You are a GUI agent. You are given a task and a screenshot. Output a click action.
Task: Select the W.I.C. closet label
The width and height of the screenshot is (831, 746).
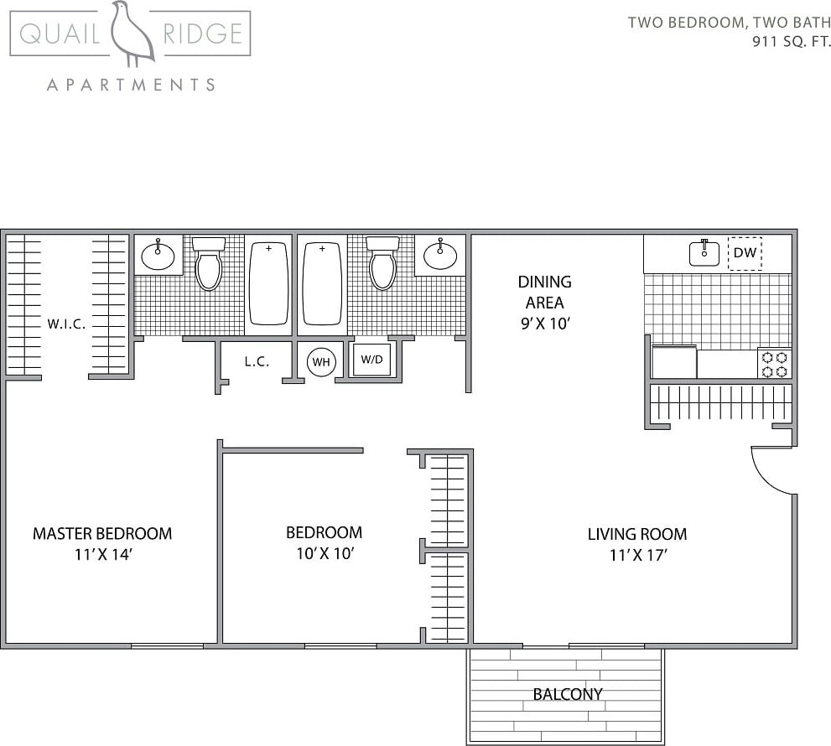click(66, 324)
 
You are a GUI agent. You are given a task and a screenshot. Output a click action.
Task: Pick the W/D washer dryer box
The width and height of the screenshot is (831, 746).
click(371, 360)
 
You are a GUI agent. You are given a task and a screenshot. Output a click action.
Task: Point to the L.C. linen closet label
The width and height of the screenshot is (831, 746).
click(257, 362)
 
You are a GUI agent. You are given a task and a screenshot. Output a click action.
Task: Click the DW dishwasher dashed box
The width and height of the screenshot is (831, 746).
click(745, 252)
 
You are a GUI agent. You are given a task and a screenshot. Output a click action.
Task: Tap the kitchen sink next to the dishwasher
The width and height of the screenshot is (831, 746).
click(704, 252)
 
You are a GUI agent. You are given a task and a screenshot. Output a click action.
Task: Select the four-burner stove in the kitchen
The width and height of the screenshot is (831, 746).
click(775, 364)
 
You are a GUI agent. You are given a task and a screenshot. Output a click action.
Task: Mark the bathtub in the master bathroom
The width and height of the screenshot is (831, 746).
click(268, 282)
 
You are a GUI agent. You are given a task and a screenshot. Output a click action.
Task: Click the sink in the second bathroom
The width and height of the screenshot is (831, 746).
click(439, 253)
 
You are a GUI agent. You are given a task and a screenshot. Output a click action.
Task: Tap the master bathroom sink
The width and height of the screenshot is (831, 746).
click(158, 253)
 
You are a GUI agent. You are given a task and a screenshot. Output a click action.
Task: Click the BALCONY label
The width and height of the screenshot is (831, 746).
click(568, 694)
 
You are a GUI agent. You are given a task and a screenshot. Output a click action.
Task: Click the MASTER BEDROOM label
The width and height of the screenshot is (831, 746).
click(102, 533)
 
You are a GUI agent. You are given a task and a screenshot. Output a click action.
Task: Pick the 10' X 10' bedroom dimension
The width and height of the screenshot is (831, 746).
click(324, 553)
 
